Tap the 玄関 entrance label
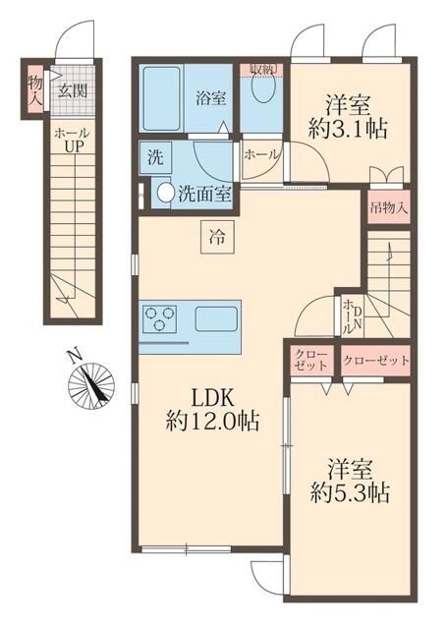70,90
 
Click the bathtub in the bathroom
161,98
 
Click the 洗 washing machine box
155,157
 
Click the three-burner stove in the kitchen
161,318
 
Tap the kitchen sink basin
215,318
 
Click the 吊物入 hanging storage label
386,207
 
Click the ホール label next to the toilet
259,154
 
